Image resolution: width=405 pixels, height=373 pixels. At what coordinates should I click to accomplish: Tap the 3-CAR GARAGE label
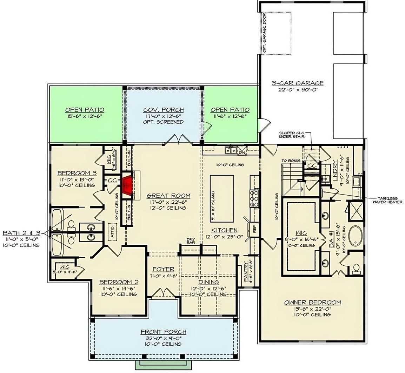(x=298, y=83)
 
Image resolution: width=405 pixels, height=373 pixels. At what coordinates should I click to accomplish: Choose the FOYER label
(x=163, y=269)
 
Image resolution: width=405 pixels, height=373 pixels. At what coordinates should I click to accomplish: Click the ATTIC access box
(x=112, y=232)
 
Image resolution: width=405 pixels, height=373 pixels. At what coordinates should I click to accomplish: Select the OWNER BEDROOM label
(x=313, y=302)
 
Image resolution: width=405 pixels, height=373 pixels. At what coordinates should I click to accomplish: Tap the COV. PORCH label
(x=163, y=110)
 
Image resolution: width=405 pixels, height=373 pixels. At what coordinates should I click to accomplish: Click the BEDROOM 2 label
(x=119, y=282)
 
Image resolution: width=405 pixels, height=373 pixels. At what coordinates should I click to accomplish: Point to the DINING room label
(x=208, y=282)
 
